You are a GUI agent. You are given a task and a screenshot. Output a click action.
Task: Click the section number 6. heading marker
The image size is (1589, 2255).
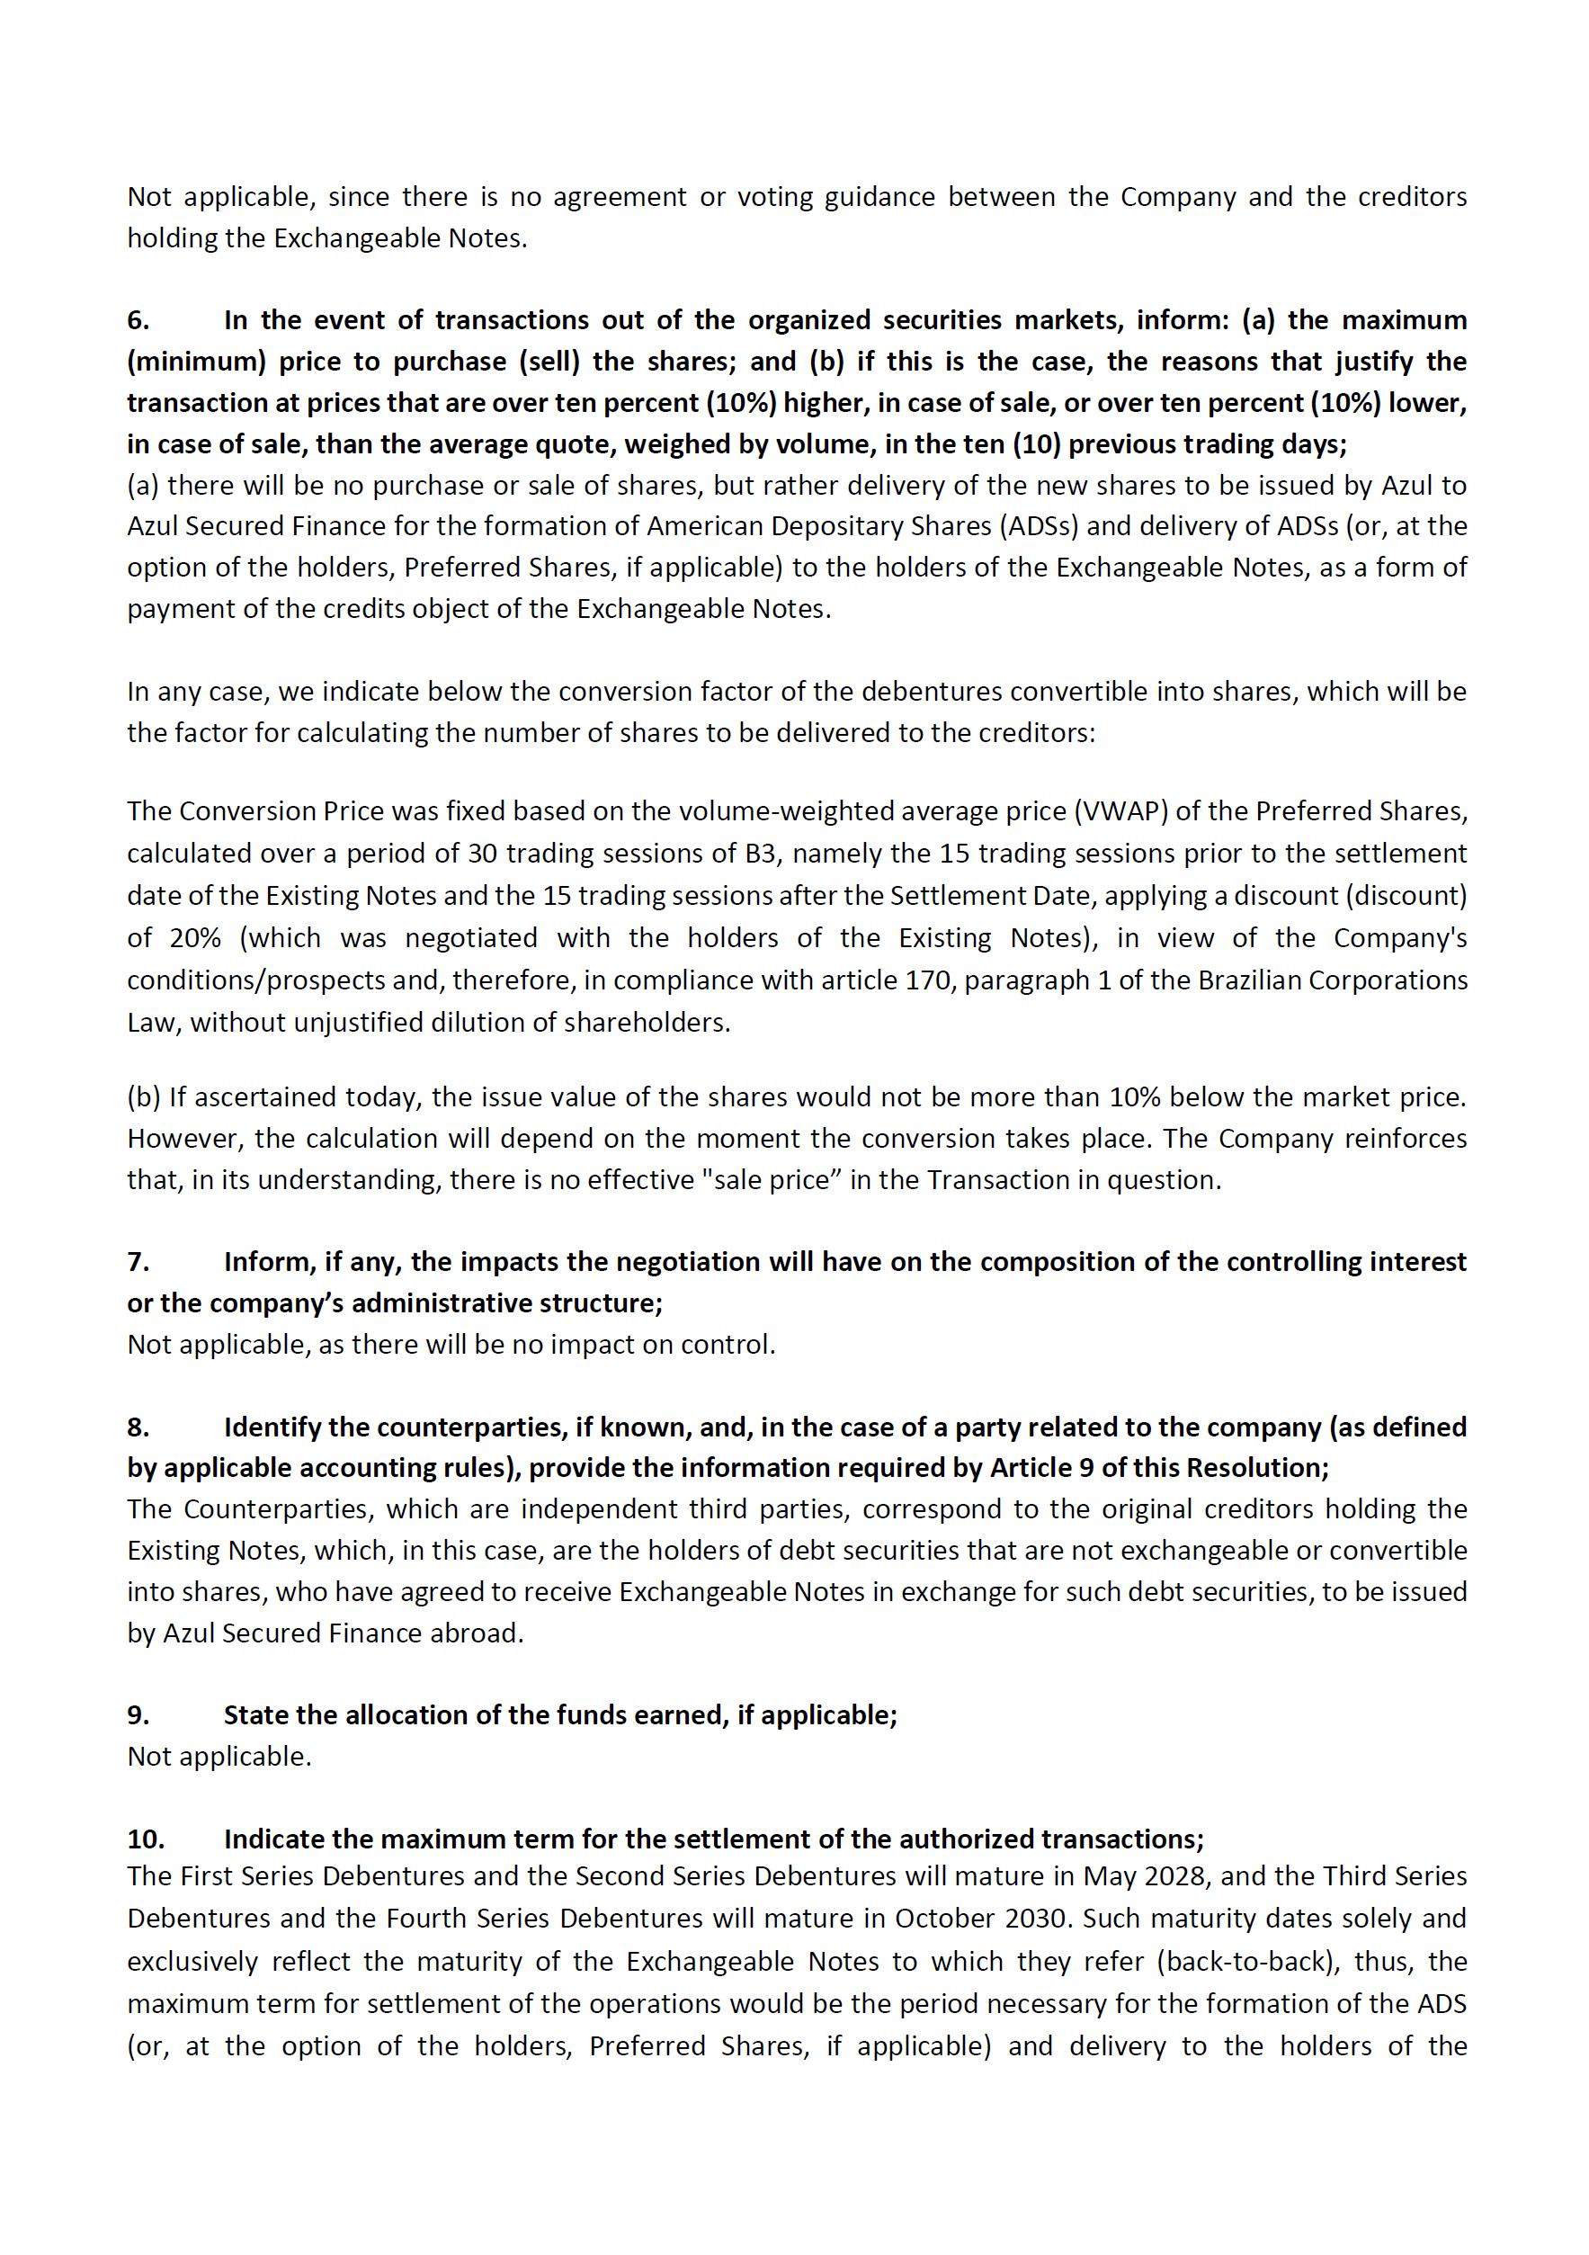138,320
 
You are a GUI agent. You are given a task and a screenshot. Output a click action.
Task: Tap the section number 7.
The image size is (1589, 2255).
138,1261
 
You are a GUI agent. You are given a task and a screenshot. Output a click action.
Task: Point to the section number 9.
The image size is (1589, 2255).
138,1714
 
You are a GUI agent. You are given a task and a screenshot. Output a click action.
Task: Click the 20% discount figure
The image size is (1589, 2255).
194,938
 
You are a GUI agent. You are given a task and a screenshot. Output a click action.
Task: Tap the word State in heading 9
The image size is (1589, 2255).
254,1714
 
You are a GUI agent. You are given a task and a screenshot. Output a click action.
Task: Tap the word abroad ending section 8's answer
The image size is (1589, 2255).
480,1633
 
